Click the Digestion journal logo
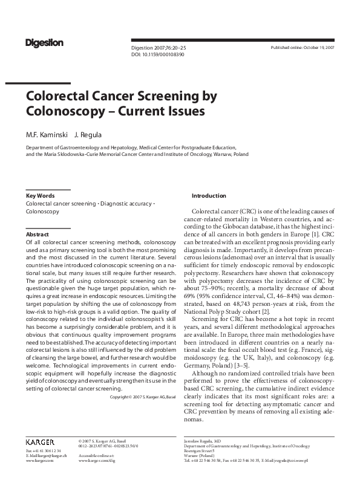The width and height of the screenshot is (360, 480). tap(44, 42)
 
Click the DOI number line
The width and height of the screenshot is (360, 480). tap(158, 54)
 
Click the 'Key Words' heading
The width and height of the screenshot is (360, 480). tap(40, 196)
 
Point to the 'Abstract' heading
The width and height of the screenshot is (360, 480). tap(37, 234)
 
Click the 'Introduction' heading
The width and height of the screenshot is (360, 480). tap(209, 196)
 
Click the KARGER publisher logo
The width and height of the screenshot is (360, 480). tap(40, 443)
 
